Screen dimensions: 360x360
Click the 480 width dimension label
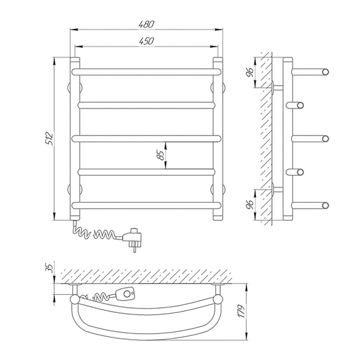147,24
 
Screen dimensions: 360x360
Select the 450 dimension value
147,41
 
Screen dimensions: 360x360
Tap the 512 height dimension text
50,139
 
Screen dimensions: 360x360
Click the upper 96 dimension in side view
250,72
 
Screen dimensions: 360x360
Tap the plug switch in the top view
126,294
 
